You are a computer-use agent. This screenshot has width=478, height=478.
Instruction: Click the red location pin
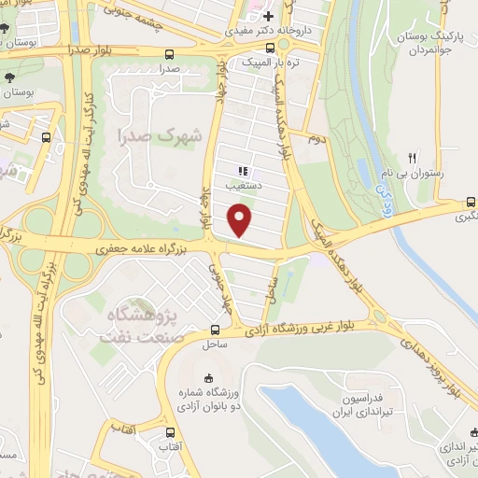click(241, 220)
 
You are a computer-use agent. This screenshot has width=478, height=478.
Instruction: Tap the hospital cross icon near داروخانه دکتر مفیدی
click(268, 16)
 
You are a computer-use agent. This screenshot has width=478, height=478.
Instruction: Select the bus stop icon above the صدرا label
click(168, 54)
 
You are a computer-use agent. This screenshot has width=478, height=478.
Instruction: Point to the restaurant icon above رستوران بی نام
click(411, 158)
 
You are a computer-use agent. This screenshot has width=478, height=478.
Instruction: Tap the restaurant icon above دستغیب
click(243, 172)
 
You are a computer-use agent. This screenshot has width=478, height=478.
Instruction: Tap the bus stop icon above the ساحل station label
click(216, 330)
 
